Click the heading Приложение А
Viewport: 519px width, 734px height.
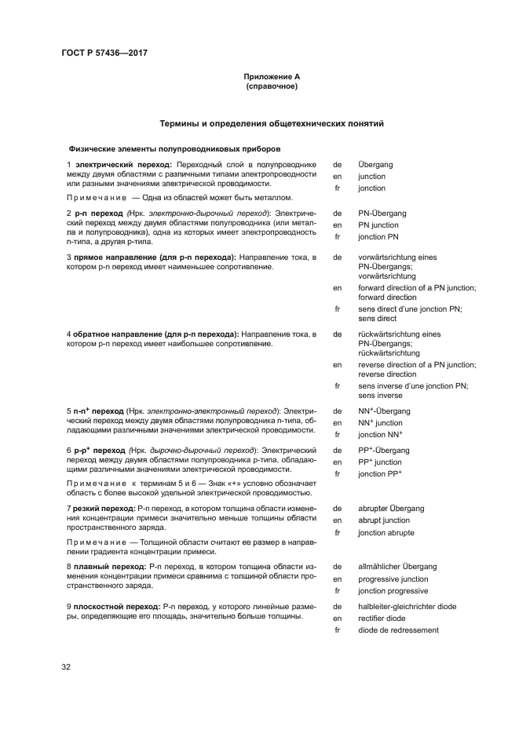[272, 77]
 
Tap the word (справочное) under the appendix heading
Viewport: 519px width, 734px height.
[272, 87]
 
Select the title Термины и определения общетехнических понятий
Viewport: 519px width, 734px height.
[272, 123]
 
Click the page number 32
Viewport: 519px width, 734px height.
[67, 667]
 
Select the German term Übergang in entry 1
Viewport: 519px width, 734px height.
[375, 165]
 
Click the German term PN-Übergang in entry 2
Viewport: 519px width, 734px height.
[382, 213]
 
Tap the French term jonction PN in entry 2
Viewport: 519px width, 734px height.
[378, 236]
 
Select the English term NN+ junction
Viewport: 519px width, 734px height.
[381, 423]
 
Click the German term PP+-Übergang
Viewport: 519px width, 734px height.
[384, 451]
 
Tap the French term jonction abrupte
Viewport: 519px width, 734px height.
[386, 533]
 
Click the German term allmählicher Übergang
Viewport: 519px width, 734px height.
[397, 566]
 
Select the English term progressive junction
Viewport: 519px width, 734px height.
[393, 579]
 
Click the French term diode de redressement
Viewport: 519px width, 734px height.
[398, 630]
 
